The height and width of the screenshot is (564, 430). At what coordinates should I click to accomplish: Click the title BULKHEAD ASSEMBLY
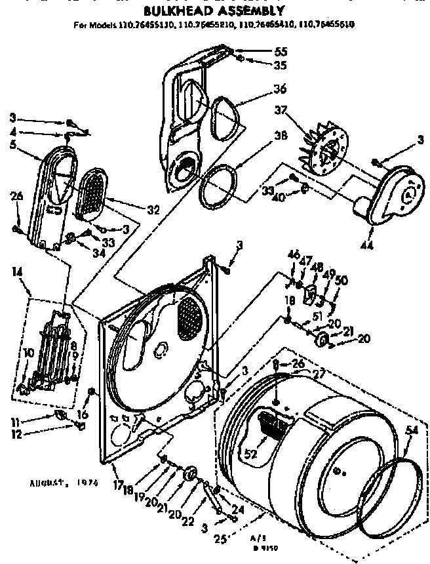(x=214, y=10)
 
